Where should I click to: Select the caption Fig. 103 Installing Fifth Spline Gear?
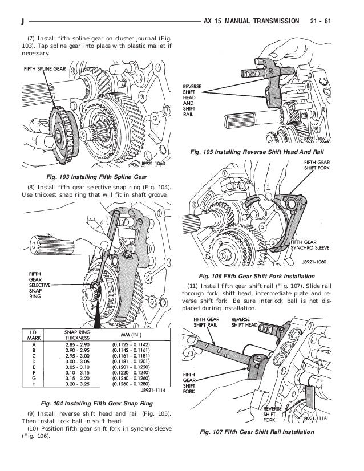[94, 177]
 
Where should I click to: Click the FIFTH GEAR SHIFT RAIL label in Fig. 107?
[207, 323]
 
